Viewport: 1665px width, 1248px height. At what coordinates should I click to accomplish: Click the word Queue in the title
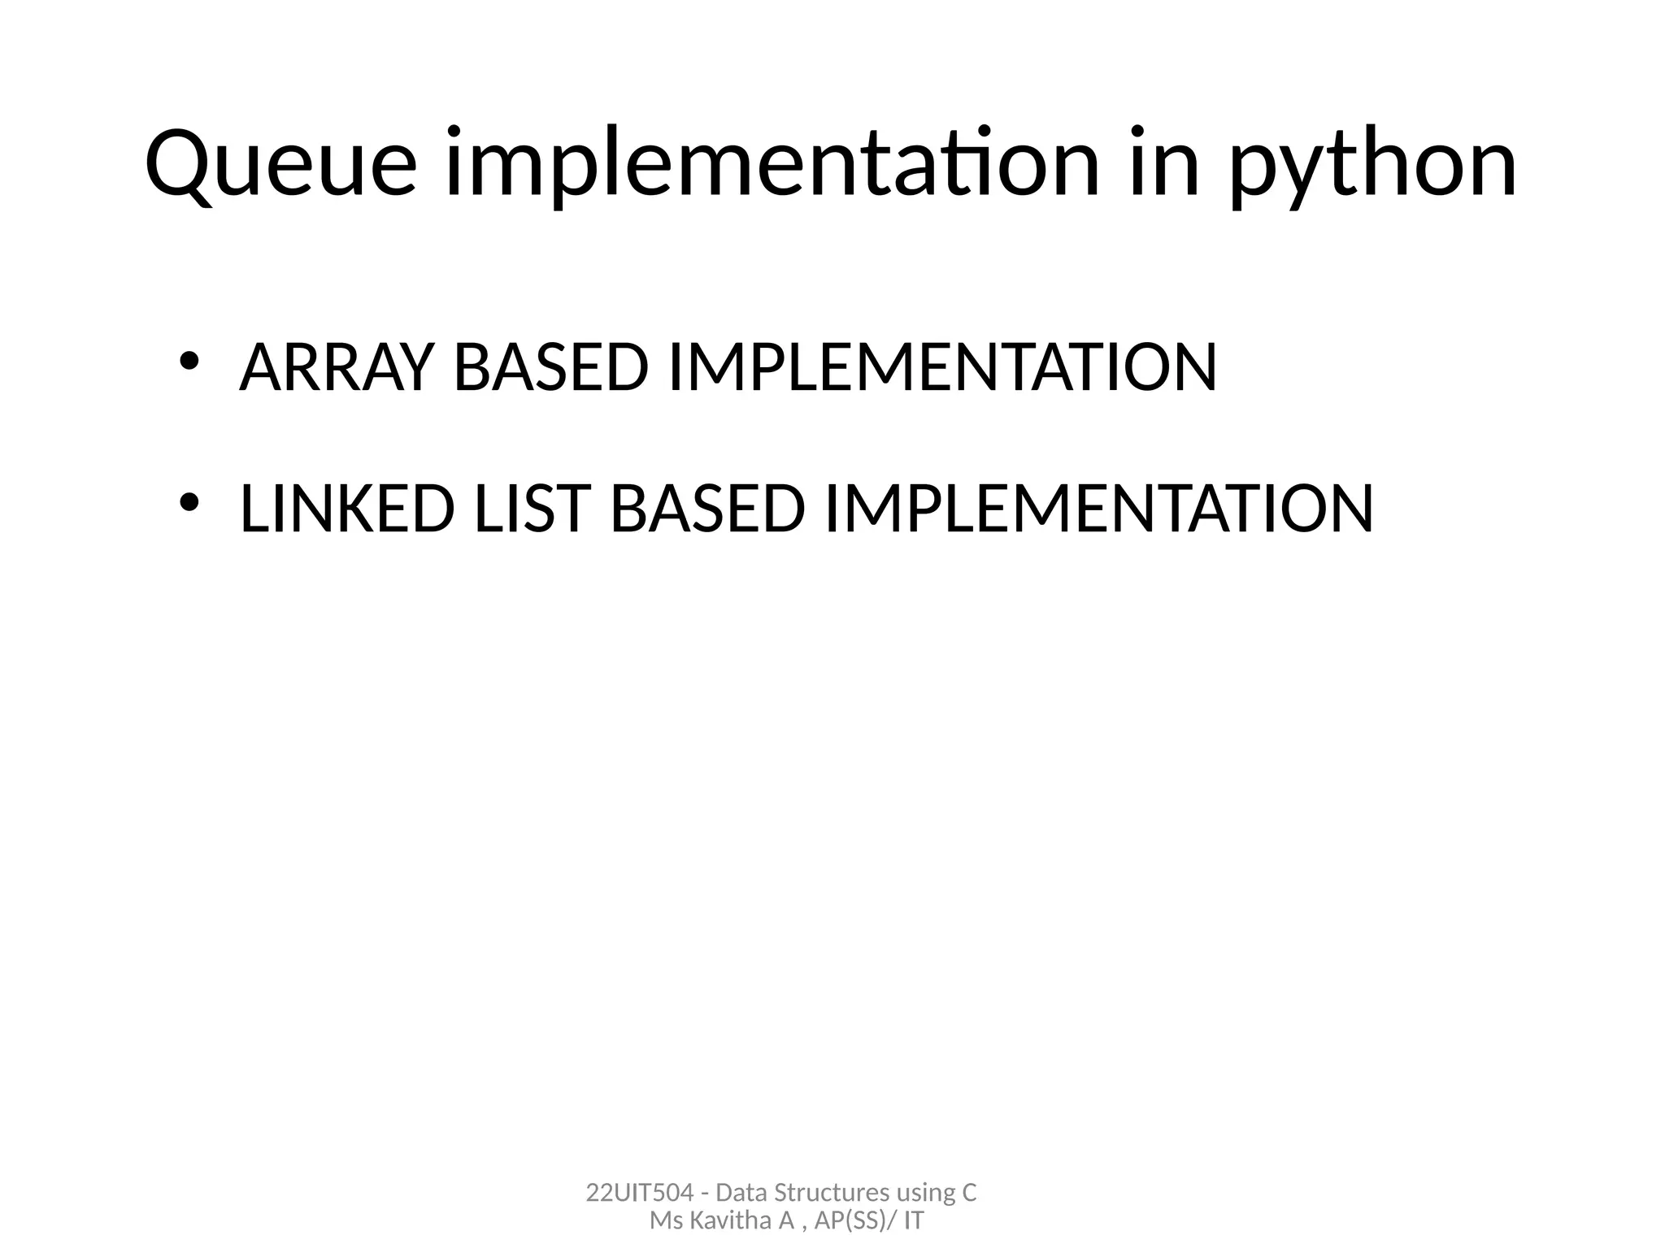point(281,164)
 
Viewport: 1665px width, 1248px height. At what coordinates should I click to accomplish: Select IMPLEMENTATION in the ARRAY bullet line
point(941,368)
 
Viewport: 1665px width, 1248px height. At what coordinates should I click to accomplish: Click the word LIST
point(529,509)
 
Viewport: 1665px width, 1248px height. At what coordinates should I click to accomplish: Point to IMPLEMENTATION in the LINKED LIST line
point(1098,509)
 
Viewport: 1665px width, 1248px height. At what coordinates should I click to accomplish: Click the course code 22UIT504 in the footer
point(639,1193)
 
